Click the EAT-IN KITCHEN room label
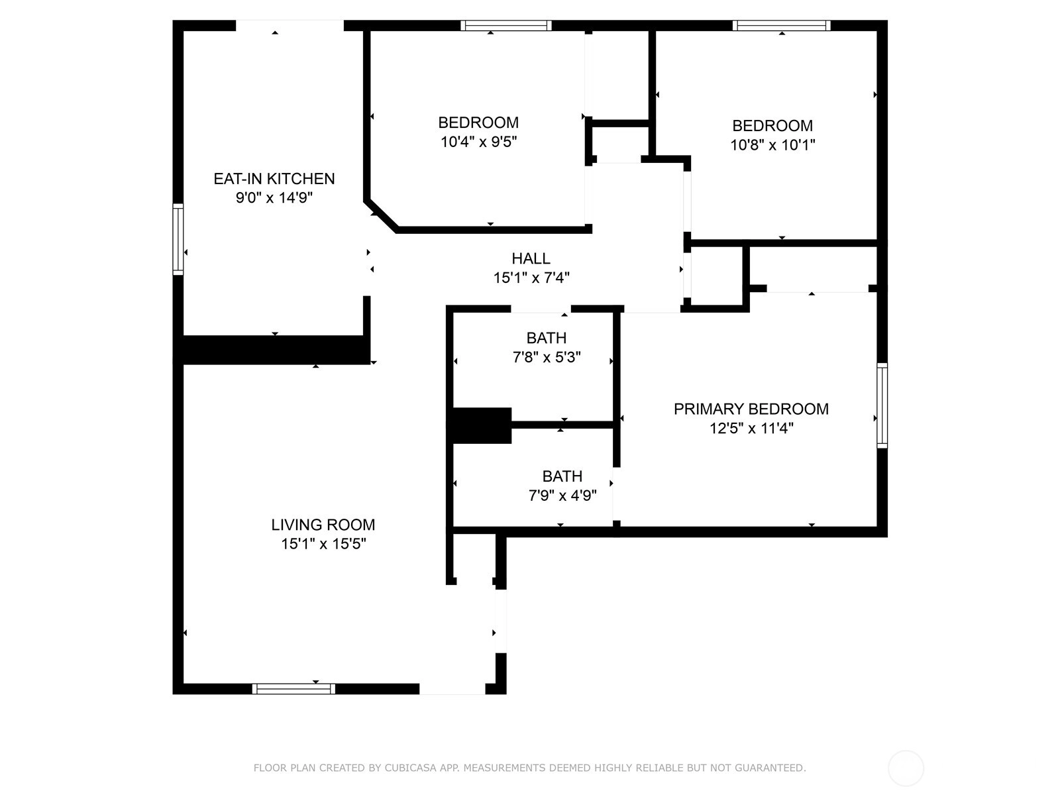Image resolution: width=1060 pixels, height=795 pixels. (274, 179)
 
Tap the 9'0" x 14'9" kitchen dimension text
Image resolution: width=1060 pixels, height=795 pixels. (274, 198)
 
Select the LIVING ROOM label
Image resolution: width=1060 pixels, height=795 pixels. (323, 525)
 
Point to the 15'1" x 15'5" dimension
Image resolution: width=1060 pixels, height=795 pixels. (323, 544)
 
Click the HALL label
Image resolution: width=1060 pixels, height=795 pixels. (531, 259)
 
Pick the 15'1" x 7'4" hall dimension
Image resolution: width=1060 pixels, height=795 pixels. (531, 278)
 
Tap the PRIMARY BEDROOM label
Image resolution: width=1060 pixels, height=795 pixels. (751, 409)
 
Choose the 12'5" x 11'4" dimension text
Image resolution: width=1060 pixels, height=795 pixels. (751, 428)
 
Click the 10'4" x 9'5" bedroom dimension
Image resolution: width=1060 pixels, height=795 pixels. (478, 142)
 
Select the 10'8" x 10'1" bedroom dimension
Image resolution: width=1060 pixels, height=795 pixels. (772, 145)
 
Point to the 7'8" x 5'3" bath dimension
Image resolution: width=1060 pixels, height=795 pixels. (546, 357)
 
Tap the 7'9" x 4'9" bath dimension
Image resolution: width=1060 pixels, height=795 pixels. (562, 496)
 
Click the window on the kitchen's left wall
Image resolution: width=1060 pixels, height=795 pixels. (178, 239)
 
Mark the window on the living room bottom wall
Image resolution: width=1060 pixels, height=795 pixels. (293, 689)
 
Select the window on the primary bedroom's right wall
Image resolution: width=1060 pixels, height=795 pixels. (882, 405)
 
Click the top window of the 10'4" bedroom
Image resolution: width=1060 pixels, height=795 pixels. (505, 26)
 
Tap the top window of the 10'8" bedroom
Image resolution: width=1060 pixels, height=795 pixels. (781, 26)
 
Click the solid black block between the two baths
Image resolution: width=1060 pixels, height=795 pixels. (482, 426)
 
